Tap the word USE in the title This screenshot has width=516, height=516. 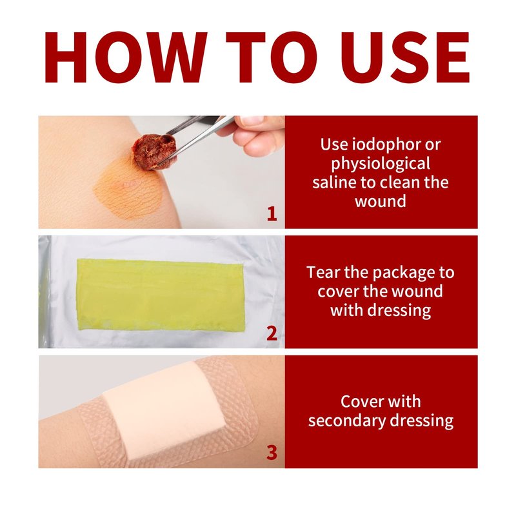405,57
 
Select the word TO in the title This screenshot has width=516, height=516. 272,57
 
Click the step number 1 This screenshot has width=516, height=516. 272,214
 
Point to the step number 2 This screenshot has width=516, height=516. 272,333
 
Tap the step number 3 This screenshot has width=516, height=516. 272,453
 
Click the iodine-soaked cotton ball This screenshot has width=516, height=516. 155,152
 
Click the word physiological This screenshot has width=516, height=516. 381,164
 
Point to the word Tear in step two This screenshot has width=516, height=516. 321,272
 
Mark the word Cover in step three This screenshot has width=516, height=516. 357,401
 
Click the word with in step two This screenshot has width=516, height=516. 346,310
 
